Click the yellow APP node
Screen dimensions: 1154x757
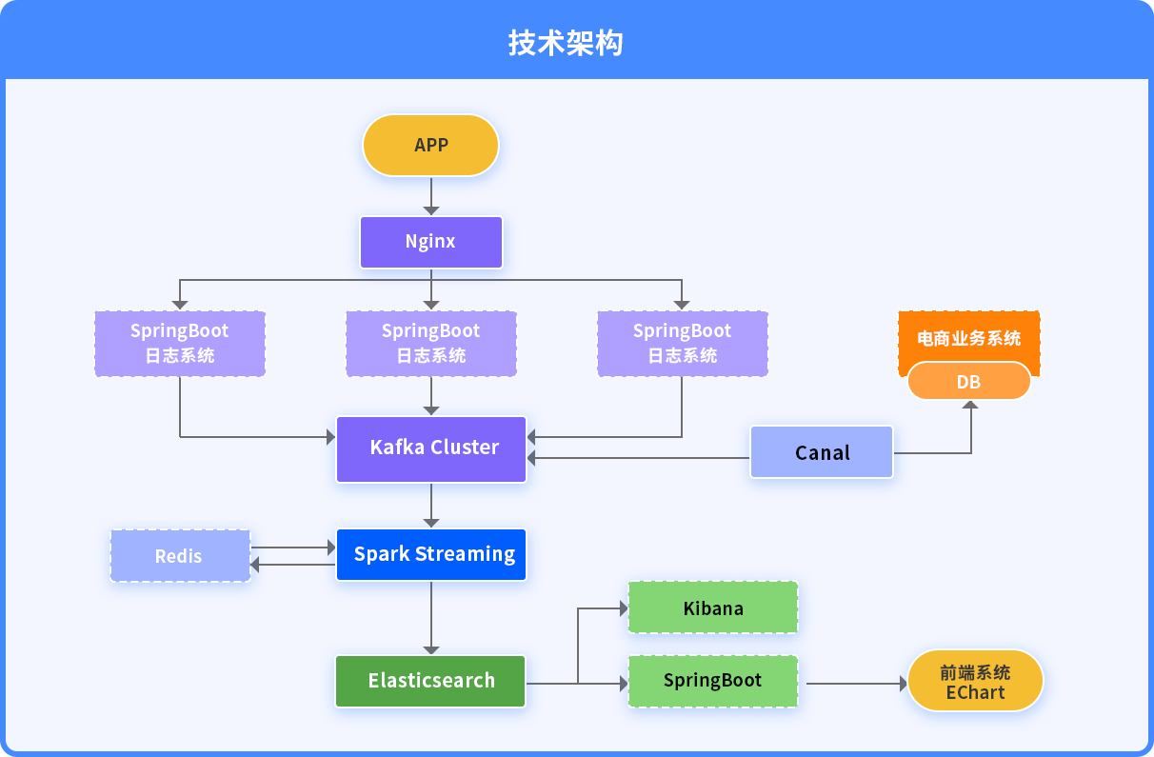click(x=430, y=146)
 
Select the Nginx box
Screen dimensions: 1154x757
click(x=431, y=242)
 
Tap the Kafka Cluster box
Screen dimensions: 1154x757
click(x=431, y=449)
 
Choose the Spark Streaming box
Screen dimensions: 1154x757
click(x=431, y=554)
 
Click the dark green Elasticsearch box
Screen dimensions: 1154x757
click(x=430, y=681)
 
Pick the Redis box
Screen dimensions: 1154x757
click(x=180, y=556)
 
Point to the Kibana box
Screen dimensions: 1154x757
click(x=713, y=608)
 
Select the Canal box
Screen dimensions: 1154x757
click(x=822, y=452)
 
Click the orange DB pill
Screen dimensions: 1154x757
click(x=969, y=381)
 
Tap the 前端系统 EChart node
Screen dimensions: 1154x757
click(x=975, y=681)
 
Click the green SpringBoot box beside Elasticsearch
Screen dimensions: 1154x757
click(x=713, y=681)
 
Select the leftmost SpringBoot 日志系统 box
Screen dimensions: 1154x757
click(x=180, y=344)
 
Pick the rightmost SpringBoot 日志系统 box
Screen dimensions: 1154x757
click(x=683, y=344)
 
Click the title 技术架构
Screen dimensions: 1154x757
click(x=566, y=42)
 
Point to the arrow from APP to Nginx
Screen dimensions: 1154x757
click(x=431, y=196)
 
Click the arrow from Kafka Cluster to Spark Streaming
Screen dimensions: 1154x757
click(x=431, y=506)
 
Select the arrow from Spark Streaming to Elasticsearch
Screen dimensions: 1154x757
click(x=431, y=618)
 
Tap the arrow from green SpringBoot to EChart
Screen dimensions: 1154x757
click(x=857, y=684)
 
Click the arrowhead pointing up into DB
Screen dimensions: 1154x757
click(x=970, y=405)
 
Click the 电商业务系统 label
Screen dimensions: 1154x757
click(x=969, y=339)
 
